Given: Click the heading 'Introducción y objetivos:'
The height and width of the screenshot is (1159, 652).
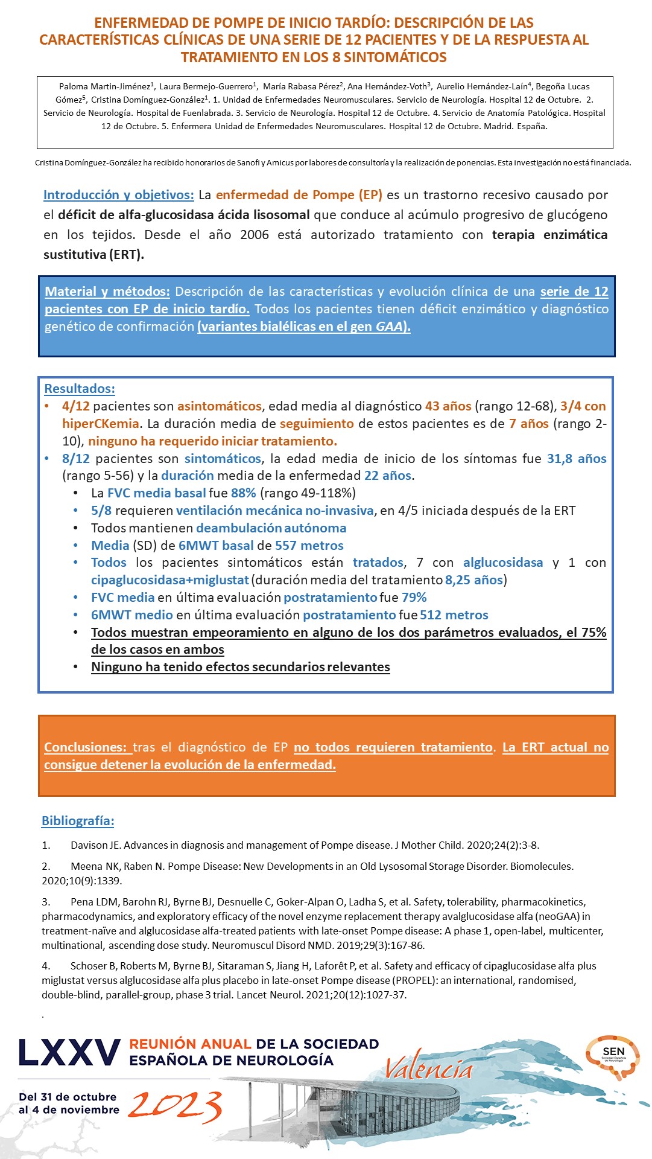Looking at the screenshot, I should click(118, 195).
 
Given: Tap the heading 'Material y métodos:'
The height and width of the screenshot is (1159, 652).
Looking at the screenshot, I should click(107, 292).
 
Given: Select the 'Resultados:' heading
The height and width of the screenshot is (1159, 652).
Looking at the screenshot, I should click(80, 389).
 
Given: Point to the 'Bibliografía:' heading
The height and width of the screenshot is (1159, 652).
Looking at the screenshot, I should click(78, 821).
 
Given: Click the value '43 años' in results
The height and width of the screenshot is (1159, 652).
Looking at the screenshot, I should click(448, 406).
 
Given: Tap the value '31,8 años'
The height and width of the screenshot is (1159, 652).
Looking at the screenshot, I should click(577, 459).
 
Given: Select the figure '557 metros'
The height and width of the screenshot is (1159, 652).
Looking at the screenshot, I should click(309, 546).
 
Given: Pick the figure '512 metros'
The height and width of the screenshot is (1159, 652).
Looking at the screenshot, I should click(455, 615).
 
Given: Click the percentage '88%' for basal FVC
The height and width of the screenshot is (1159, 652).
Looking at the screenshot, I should click(244, 493).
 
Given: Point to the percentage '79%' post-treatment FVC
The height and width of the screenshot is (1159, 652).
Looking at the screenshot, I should click(414, 598).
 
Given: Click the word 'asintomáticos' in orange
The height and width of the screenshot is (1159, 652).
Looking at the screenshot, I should click(220, 406).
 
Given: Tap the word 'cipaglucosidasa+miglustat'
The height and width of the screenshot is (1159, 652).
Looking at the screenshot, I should click(170, 580).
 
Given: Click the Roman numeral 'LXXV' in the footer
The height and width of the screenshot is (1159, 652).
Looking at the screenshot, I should click(69, 1053).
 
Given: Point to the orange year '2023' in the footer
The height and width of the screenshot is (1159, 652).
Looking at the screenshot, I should click(175, 1106).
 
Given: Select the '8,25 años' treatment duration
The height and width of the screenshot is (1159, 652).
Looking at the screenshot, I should click(473, 580).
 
